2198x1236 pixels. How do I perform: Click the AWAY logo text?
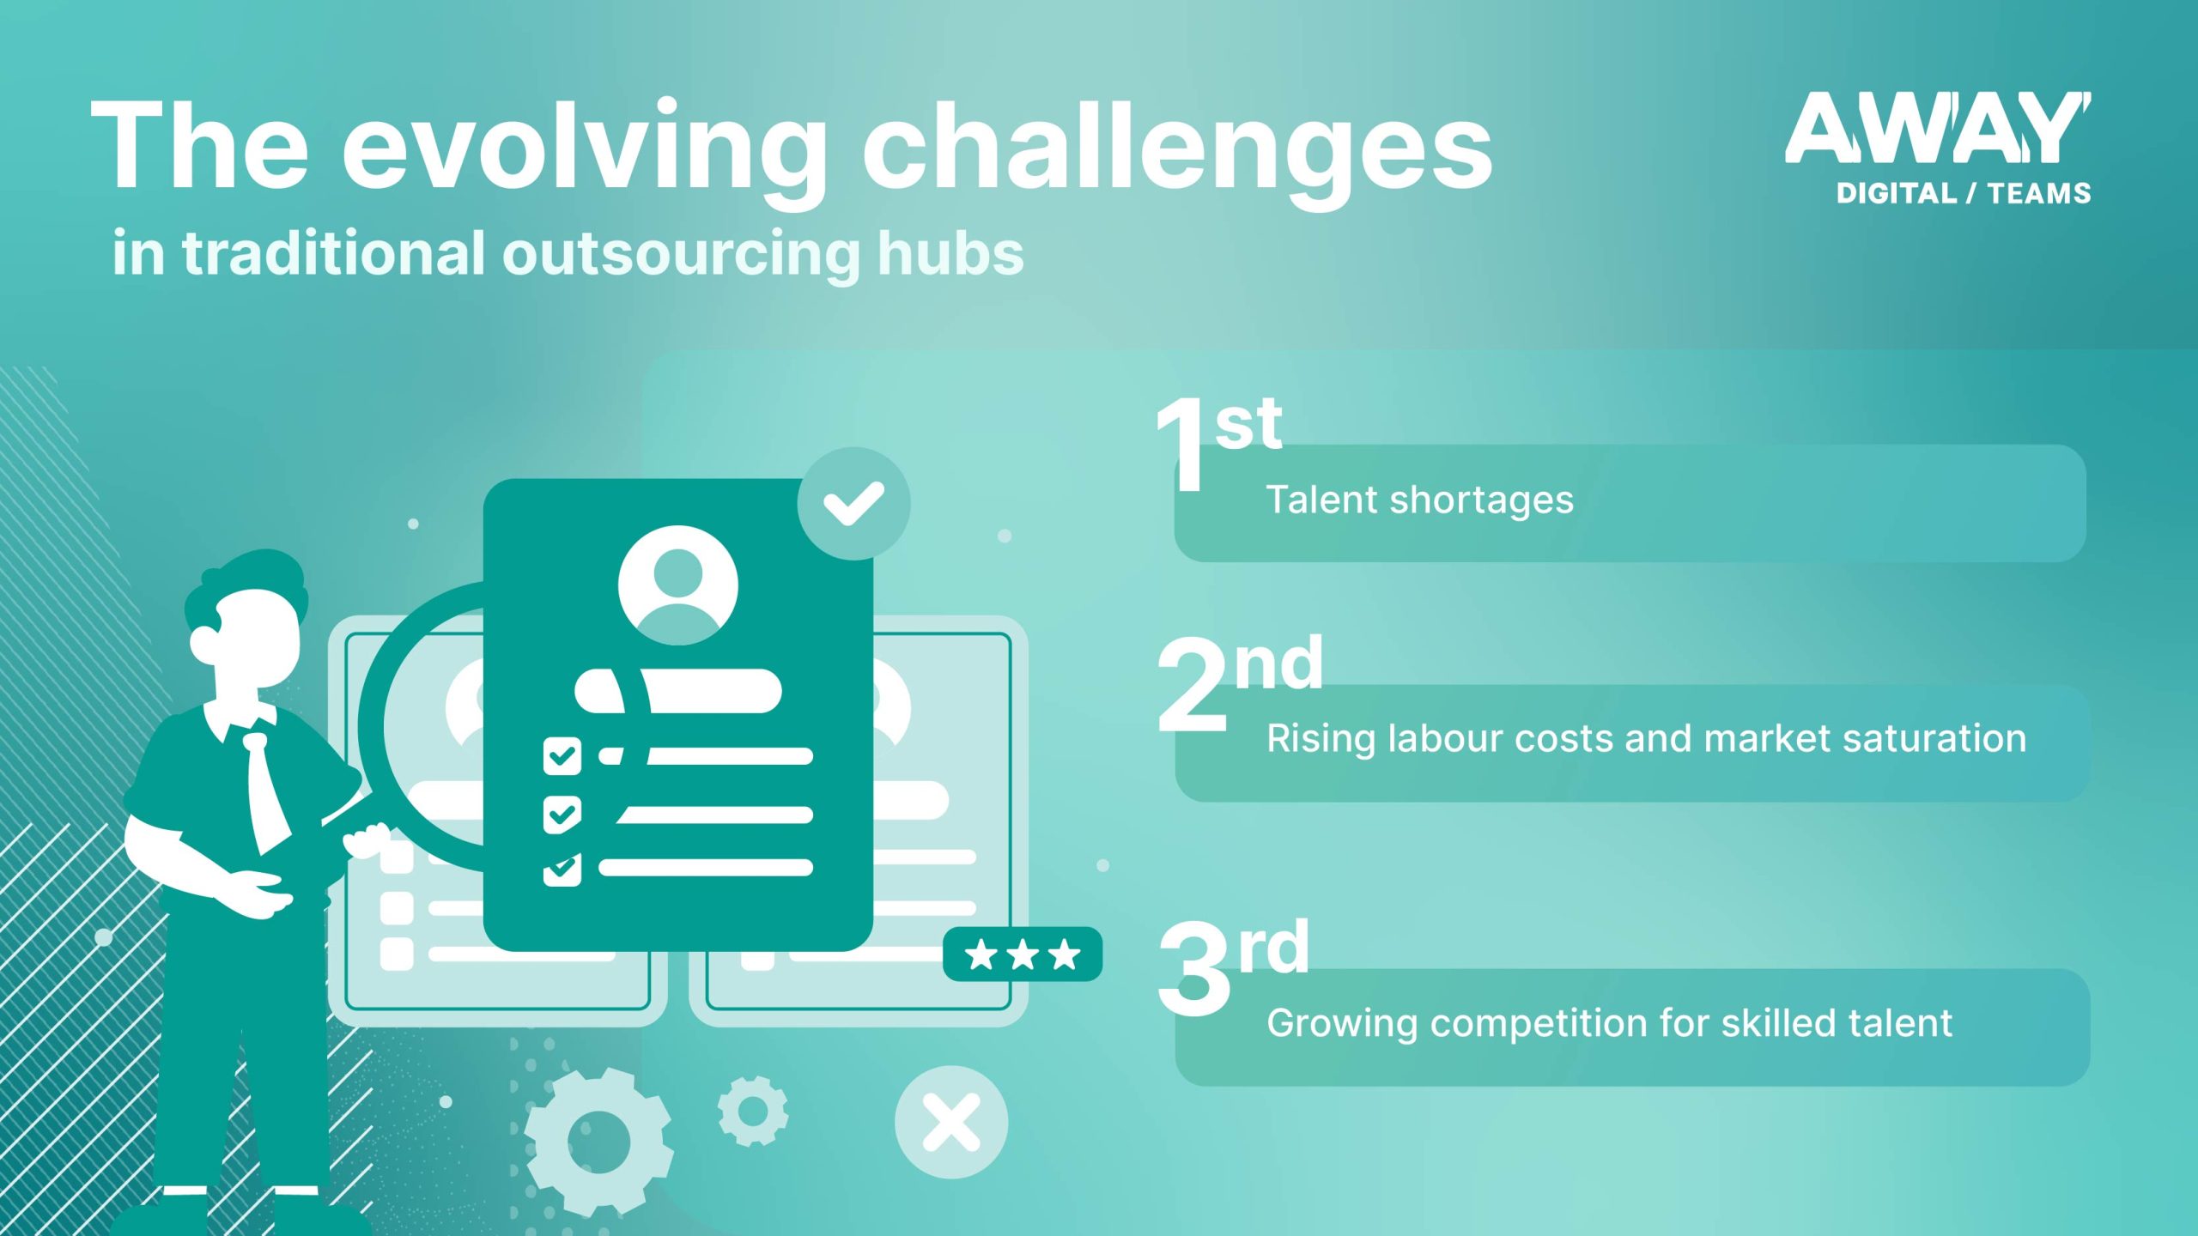[1937, 129]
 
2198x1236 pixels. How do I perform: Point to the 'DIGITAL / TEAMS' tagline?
[1963, 194]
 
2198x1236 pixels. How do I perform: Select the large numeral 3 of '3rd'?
[1193, 970]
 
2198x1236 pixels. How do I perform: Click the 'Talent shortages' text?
[1419, 500]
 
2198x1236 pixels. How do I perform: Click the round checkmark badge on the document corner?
[853, 503]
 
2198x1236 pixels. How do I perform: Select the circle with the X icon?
[951, 1122]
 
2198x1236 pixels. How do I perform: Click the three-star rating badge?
[1022, 954]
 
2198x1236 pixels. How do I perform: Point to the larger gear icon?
[598, 1142]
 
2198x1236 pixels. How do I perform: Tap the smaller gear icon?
[753, 1112]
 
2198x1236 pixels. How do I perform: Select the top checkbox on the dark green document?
[562, 756]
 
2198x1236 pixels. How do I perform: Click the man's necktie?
[266, 790]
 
